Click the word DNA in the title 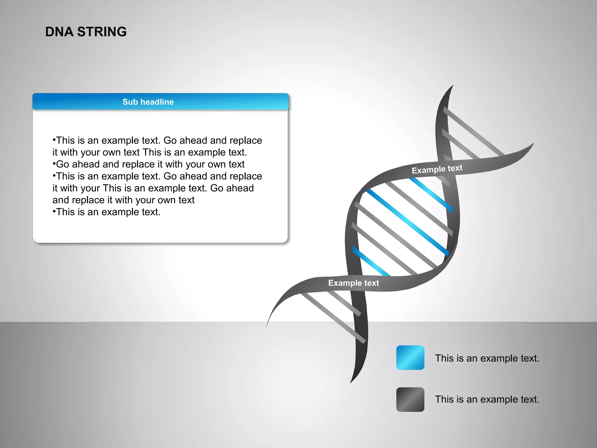tap(59, 32)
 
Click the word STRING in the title tap(102, 32)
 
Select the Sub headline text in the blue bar tap(148, 102)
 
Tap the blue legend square tap(410, 358)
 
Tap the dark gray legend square tap(410, 399)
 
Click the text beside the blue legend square tap(487, 358)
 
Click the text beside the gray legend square tap(487, 399)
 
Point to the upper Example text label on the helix tap(437, 169)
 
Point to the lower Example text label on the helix tap(353, 283)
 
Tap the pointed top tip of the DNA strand tap(452, 86)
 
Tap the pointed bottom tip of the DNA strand tap(351, 382)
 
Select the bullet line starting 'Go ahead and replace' tap(149, 164)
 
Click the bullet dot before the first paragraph tap(54, 139)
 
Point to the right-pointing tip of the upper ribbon tap(533, 144)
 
